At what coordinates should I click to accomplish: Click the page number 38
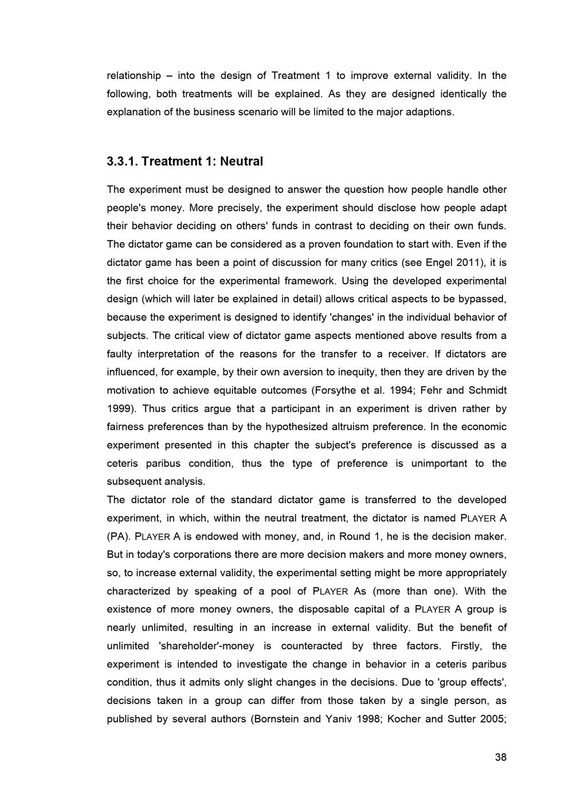point(500,757)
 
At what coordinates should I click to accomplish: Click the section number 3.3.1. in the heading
point(122,162)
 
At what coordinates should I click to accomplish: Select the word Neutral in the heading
point(241,162)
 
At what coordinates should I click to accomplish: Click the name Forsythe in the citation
point(333,390)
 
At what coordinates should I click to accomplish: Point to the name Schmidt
point(486,390)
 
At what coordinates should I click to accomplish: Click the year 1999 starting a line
point(119,408)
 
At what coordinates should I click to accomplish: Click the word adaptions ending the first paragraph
point(431,112)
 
